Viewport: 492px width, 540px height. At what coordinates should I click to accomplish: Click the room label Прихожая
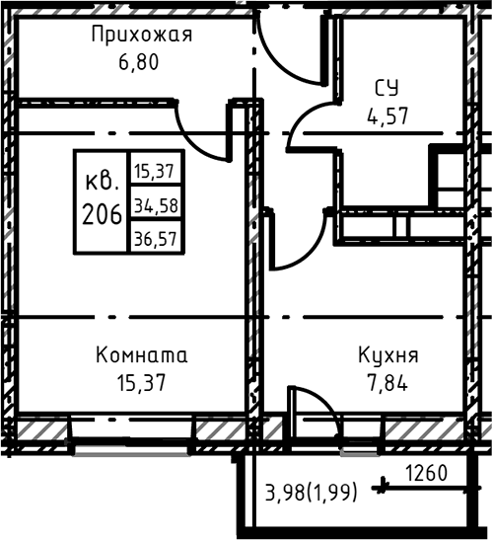click(x=141, y=37)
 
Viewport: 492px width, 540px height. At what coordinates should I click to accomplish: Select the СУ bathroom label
click(x=386, y=88)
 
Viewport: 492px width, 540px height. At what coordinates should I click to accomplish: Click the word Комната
click(x=140, y=354)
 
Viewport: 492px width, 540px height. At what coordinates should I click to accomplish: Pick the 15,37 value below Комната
click(x=138, y=380)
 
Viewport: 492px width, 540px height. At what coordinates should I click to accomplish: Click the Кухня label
click(x=386, y=354)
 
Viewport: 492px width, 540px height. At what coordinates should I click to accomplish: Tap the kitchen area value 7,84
click(x=386, y=380)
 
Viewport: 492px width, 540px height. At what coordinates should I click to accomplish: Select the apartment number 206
click(x=103, y=212)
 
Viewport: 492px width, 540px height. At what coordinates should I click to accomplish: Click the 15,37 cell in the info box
click(x=154, y=171)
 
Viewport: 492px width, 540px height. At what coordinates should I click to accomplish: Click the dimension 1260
click(x=426, y=473)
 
